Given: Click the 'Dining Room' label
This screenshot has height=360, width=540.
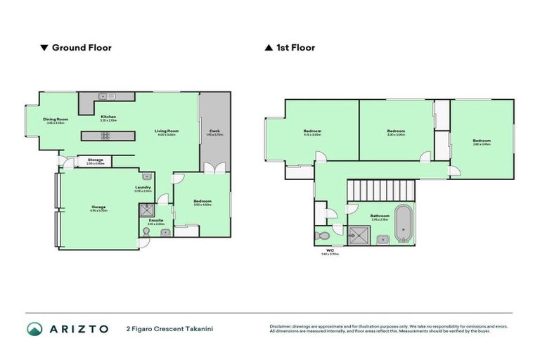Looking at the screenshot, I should (54, 120).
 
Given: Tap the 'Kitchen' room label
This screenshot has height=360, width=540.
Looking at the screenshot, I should (108, 117).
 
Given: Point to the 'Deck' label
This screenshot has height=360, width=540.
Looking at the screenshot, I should (214, 131).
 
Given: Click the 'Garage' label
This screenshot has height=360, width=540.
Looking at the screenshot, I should (98, 207).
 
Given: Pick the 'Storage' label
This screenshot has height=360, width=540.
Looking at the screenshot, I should (96, 160).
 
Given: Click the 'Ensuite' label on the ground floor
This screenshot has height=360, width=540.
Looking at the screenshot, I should (155, 220).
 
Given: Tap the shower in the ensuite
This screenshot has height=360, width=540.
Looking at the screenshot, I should (146, 209).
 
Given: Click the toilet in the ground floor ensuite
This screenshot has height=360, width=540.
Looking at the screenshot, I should (145, 243).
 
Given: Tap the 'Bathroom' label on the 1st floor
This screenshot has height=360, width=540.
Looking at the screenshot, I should (380, 216).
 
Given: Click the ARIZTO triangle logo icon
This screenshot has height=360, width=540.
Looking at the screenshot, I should (35, 328).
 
